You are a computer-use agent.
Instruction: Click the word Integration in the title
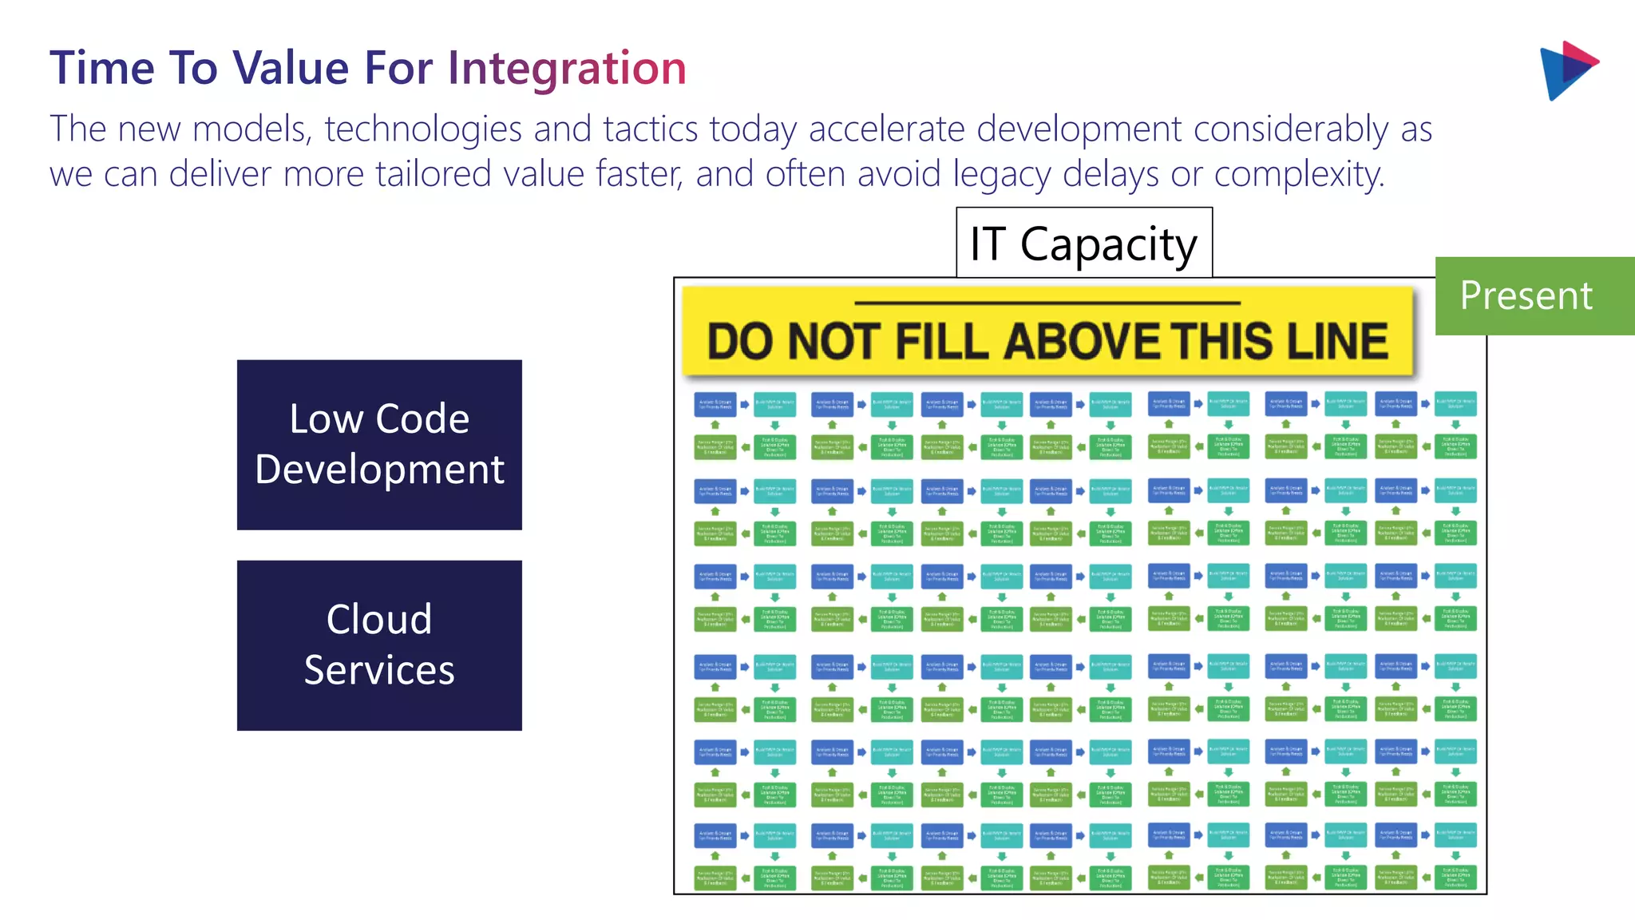[566, 68]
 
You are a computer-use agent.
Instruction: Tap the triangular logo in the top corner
[1566, 70]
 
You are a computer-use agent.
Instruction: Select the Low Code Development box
[379, 445]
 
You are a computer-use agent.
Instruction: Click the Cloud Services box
[379, 645]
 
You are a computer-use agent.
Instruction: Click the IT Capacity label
[1083, 243]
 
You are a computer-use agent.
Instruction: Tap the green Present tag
[1526, 295]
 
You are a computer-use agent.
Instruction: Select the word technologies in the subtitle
[422, 129]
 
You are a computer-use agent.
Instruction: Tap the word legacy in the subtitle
[1001, 174]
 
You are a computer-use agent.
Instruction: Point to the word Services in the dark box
[379, 670]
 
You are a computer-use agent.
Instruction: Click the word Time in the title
[101, 68]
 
